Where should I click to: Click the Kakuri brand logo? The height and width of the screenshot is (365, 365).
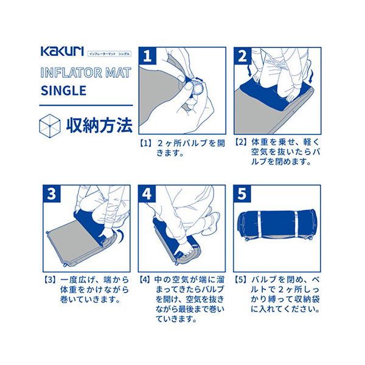pos(62,52)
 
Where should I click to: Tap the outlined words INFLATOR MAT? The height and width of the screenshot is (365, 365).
pos(86,72)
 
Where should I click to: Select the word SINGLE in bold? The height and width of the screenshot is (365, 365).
pos(63,91)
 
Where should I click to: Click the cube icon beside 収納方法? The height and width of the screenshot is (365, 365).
pos(50,126)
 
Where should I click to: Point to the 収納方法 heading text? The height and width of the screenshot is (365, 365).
pos(99,126)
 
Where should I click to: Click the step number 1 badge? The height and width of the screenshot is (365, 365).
pos(148,56)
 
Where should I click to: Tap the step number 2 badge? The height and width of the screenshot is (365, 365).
pos(243,56)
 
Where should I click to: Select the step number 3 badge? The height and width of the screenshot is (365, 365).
pos(52,193)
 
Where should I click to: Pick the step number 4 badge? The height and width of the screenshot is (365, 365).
pos(147,193)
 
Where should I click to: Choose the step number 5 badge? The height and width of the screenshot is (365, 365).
pos(242,193)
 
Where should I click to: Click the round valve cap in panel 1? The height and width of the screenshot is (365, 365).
pos(197,89)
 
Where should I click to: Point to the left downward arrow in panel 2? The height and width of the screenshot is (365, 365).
pos(250,71)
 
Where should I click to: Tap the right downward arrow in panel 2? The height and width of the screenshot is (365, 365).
pos(311,75)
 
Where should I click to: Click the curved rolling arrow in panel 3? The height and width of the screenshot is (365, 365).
pos(120,235)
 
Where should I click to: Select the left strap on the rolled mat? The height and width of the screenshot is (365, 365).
pos(259,224)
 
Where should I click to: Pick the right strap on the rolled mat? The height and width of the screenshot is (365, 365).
pos(296,224)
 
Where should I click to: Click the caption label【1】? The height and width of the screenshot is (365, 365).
pos(146,143)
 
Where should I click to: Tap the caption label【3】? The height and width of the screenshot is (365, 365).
pos(50,280)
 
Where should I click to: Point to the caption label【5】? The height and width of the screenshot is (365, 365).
pos(241,280)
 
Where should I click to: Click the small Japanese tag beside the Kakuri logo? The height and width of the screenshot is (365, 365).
pos(109,54)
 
